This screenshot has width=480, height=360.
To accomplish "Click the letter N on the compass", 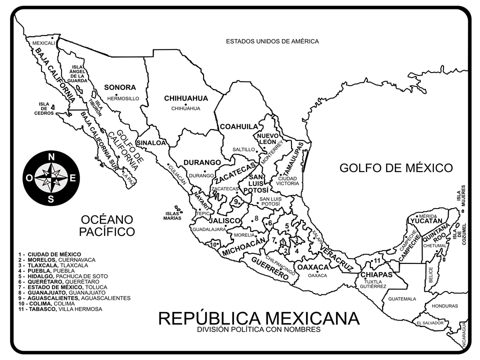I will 51,156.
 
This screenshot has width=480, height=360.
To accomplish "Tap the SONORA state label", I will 120,87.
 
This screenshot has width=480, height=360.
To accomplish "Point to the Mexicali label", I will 43,43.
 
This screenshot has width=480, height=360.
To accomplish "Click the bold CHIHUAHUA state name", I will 185,98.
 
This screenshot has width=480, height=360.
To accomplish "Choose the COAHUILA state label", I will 239,126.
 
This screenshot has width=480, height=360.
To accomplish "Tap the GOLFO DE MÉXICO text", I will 396,167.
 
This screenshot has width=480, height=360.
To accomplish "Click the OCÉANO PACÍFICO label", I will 107,225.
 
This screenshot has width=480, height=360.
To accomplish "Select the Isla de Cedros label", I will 44,108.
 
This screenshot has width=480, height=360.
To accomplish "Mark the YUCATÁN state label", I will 426,221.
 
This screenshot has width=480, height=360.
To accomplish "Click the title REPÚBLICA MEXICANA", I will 258,318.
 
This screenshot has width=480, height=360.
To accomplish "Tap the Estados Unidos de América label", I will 272,41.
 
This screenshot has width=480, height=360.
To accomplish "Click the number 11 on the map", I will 377,260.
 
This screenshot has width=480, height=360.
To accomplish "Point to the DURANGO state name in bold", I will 202,162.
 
